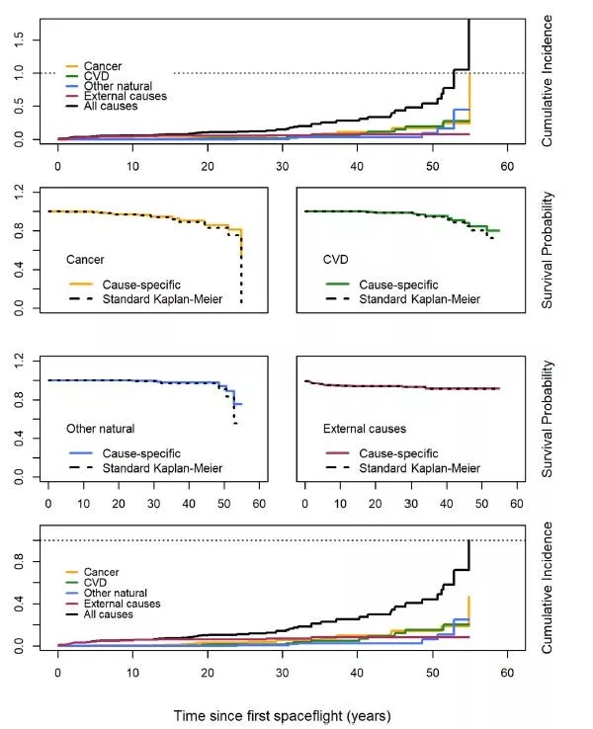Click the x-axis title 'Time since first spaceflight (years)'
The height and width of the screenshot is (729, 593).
(296, 713)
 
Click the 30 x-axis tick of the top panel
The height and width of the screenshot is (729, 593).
(284, 163)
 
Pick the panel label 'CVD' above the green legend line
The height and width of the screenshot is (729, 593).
(337, 259)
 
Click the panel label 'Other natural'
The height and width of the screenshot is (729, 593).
(100, 428)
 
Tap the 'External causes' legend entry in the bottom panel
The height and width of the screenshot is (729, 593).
(123, 603)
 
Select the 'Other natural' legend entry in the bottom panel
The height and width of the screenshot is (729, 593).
(117, 592)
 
